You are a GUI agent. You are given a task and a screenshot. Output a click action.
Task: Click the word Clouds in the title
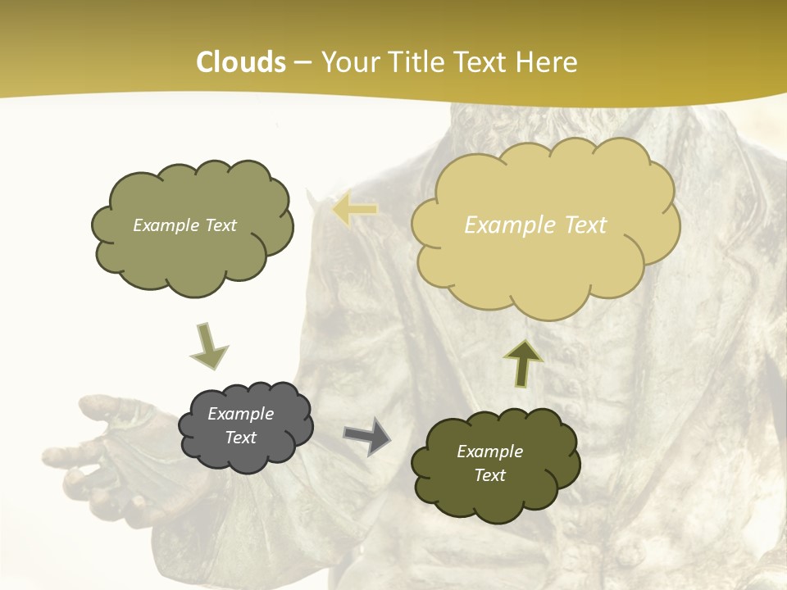coord(241,62)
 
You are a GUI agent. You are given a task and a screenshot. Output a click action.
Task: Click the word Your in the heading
coord(351,62)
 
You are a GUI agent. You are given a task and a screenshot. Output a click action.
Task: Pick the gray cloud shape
coord(245,426)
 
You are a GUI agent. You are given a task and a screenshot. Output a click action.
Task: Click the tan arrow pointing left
coord(355,210)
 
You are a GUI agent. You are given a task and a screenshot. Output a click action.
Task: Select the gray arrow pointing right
coord(366,435)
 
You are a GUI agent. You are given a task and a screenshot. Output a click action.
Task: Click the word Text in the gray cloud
coord(241,438)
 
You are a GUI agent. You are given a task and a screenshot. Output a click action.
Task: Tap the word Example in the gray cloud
coord(241,414)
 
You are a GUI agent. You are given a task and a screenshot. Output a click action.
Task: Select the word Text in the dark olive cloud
coord(490,475)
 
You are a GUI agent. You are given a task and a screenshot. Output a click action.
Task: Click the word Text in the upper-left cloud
coord(218,225)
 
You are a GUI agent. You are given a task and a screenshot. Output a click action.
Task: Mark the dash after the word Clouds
coord(303,63)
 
